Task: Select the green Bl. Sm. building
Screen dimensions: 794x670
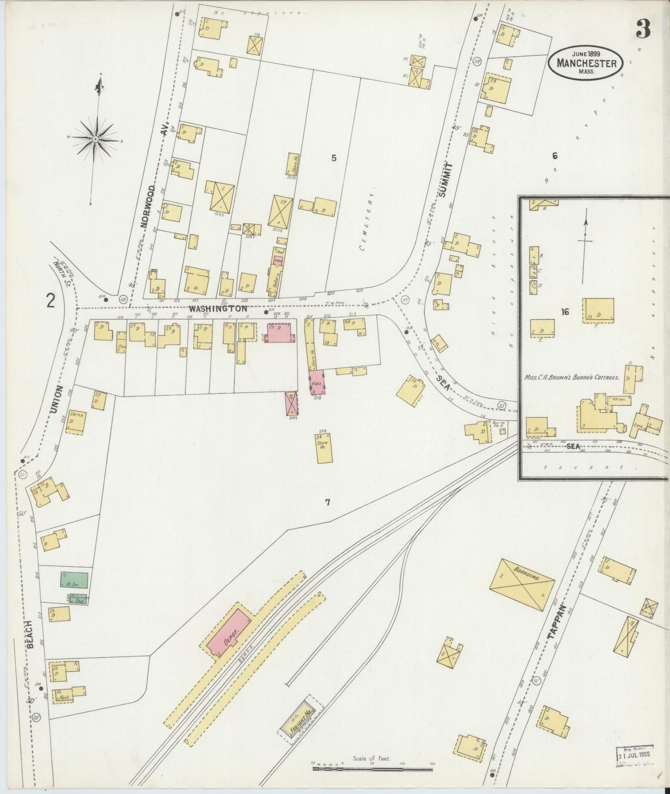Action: tap(74, 580)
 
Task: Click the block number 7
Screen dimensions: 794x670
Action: tap(327, 502)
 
